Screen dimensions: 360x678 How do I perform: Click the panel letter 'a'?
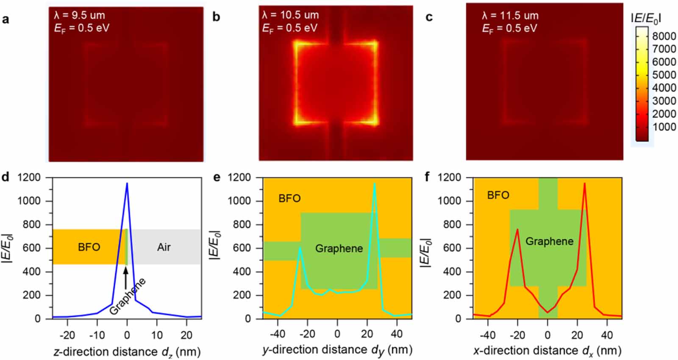point(6,19)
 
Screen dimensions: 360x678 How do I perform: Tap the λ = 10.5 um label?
point(290,15)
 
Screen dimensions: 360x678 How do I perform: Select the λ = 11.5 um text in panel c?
point(510,16)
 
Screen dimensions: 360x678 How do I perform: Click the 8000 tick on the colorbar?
point(664,36)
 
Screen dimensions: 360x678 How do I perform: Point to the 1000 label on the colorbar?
point(664,127)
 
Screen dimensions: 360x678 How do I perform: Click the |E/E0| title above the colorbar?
point(646,18)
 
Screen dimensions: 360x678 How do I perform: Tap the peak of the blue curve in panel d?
point(127,183)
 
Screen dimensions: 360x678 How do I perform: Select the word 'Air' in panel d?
point(164,247)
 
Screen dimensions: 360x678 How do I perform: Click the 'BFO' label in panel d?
point(89,247)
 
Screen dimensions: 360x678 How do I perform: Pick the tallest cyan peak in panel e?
point(374,184)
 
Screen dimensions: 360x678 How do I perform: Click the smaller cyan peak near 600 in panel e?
point(300,248)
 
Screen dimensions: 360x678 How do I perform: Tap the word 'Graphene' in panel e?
point(339,248)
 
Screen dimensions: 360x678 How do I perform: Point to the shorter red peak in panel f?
point(517,230)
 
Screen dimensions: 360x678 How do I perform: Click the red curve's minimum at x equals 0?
point(547,313)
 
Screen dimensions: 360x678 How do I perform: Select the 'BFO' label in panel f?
point(498,195)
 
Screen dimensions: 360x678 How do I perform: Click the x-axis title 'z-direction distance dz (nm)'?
point(127,352)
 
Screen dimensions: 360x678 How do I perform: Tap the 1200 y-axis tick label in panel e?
point(240,177)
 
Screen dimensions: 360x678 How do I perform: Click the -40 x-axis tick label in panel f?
point(487,335)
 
